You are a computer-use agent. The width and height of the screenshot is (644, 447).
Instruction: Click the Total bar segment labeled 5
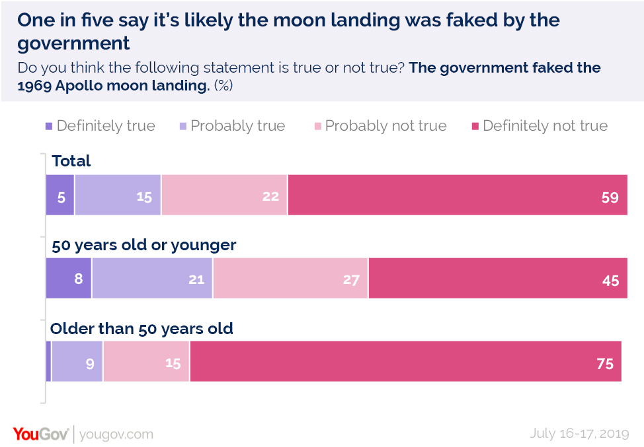point(60,196)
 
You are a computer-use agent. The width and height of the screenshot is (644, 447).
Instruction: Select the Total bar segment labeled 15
point(118,196)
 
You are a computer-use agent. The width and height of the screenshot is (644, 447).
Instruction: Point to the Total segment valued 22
point(224,196)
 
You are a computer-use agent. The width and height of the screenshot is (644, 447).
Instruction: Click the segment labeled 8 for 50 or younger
point(69,279)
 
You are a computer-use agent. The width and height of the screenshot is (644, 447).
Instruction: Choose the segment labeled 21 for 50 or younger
point(152,279)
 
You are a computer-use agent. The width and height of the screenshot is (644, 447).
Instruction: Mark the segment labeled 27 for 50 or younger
point(290,279)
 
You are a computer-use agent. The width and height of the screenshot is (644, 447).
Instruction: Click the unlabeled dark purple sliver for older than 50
point(48,362)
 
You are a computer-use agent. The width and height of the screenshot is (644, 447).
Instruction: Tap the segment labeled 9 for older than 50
point(77,362)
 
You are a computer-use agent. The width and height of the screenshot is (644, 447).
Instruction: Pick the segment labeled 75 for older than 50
point(405,362)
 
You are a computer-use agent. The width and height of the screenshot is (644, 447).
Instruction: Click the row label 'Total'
point(71,161)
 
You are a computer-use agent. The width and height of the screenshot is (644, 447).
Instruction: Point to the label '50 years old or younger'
point(144,245)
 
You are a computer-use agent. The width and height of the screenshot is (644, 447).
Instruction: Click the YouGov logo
point(40,434)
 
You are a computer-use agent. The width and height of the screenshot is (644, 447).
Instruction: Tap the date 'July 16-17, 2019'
point(580,434)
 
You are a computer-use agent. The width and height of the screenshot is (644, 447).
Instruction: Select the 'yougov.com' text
point(116,434)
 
